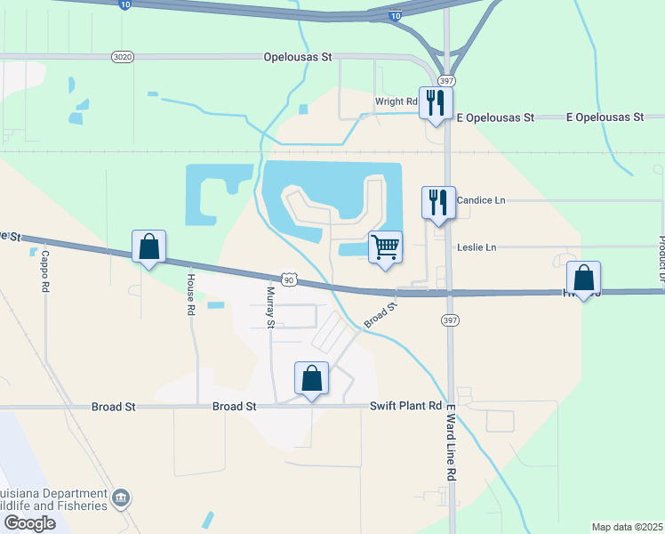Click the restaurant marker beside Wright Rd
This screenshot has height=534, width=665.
tap(436, 102)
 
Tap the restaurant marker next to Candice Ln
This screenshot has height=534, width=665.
tap(438, 202)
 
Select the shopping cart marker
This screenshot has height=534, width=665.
tap(385, 247)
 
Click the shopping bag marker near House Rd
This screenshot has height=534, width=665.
tap(148, 247)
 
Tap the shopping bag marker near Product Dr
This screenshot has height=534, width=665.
tap(583, 278)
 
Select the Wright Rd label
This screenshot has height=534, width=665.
tap(396, 101)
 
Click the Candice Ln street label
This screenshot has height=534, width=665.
tap(480, 201)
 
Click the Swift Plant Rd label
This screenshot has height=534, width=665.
tap(405, 406)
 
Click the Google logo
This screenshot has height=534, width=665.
tap(29, 523)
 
